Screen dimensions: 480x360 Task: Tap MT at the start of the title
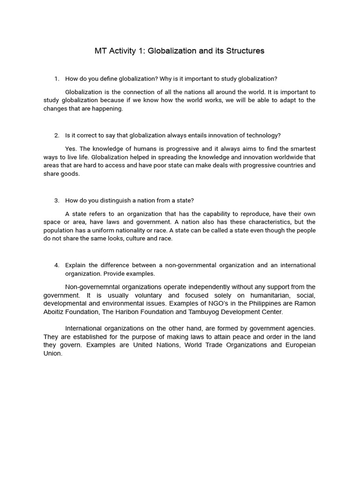[x=100, y=51]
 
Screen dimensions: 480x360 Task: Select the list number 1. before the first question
[x=57, y=79]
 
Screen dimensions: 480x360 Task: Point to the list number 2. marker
[x=57, y=135]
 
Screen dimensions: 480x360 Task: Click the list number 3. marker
[x=57, y=201]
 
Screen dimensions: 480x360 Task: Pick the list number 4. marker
[x=57, y=265]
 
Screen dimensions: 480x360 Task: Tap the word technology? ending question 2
[x=264, y=135]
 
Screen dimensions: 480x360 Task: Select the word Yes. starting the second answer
[x=71, y=149]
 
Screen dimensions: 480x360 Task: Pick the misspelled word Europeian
[x=300, y=345]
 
